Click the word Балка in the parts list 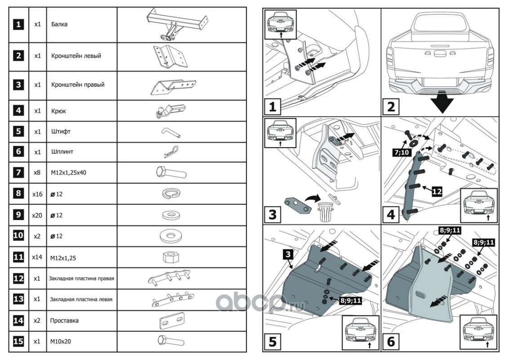(x=59, y=24)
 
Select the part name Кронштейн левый (x=76, y=56)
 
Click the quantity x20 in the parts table (x=37, y=215)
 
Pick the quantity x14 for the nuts (x=37, y=257)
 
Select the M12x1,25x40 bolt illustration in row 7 (x=171, y=172)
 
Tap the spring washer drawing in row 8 (x=171, y=193)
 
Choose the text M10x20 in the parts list (x=61, y=341)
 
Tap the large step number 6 (x=391, y=342)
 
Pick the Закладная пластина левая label (x=81, y=299)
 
